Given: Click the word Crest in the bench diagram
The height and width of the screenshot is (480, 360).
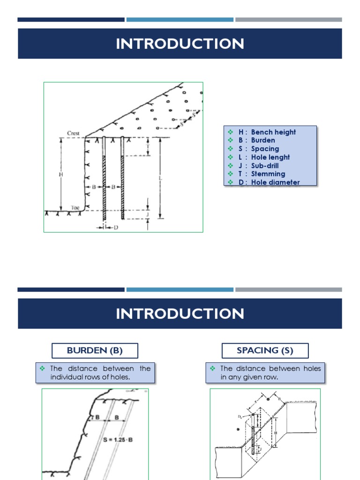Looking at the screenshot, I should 73,133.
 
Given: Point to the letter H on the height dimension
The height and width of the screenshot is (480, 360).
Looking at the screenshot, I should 61,174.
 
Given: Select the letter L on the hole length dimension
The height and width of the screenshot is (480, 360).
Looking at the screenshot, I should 161,178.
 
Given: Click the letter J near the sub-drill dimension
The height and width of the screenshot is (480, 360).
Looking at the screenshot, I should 148,215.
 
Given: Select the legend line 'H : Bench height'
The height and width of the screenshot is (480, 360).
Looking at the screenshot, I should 267,132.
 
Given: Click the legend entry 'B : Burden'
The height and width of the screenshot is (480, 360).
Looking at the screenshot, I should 256,140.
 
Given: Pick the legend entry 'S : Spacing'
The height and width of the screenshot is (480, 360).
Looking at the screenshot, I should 258,149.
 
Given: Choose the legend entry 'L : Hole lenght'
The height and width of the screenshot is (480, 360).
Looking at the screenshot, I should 264,157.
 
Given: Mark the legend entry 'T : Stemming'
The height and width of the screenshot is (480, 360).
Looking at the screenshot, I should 262,174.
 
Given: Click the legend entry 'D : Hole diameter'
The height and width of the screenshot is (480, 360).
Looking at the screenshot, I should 269,182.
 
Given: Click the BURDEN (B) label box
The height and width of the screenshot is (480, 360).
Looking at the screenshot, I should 95,351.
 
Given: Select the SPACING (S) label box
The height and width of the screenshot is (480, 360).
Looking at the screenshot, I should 265,351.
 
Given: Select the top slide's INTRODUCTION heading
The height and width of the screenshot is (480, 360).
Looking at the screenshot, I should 180,44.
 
